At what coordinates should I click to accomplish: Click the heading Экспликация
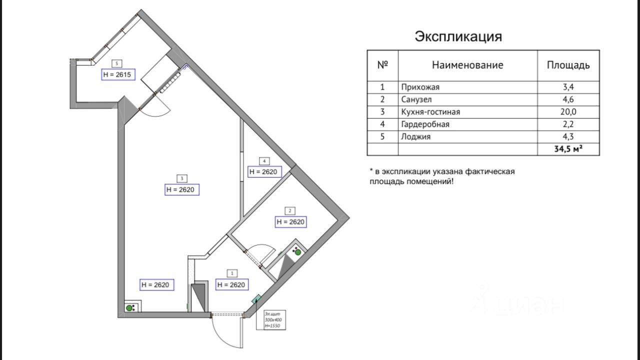pyautogui.click(x=458, y=36)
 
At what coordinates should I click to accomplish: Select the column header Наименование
pyautogui.click(x=467, y=65)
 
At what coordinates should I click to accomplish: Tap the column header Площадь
pyautogui.click(x=568, y=65)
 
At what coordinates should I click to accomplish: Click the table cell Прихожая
pyautogui.click(x=420, y=87)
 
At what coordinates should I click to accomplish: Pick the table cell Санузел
pyautogui.click(x=416, y=99)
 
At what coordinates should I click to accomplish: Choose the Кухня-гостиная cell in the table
pyautogui.click(x=430, y=112)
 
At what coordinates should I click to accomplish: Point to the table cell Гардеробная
pyautogui.click(x=425, y=124)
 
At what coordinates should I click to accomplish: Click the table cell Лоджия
pyautogui.click(x=415, y=136)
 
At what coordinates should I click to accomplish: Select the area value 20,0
pyautogui.click(x=568, y=112)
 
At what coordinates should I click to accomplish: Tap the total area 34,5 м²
pyautogui.click(x=568, y=149)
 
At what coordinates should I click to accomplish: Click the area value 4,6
pyautogui.click(x=568, y=99)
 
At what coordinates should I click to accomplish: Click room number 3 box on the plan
pyautogui.click(x=182, y=178)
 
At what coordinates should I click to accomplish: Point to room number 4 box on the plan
pyautogui.click(x=264, y=161)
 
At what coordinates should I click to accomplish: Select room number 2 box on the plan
pyautogui.click(x=290, y=210)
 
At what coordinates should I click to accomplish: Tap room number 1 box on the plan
pyautogui.click(x=232, y=273)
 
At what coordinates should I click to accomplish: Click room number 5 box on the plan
pyautogui.click(x=116, y=63)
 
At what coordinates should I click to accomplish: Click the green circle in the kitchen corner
pyautogui.click(x=129, y=308)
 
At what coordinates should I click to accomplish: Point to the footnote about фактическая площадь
pyautogui.click(x=442, y=176)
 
